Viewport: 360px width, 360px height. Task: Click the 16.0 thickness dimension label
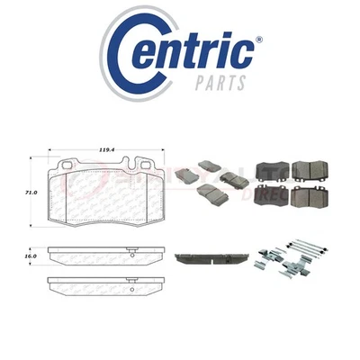point(31,256)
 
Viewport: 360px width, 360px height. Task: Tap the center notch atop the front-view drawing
point(106,164)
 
